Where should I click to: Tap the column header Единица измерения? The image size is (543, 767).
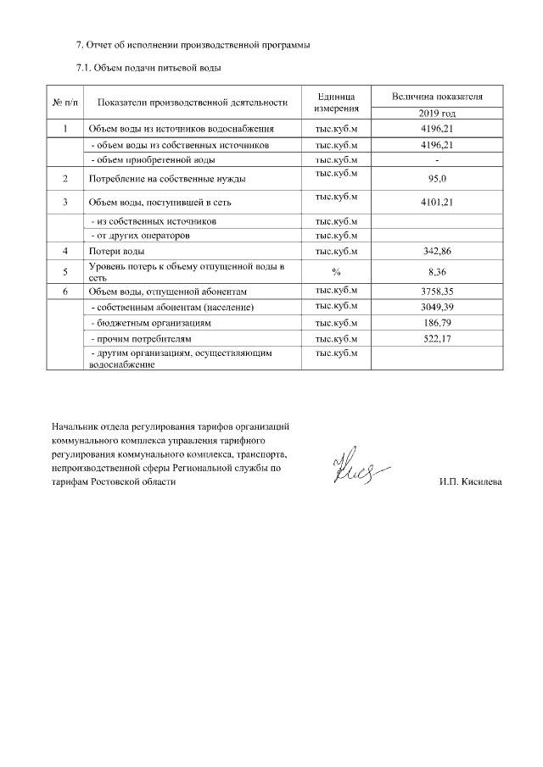pos(336,103)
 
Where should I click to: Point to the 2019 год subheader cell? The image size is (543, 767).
pos(437,113)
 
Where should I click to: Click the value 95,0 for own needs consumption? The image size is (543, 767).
pos(437,179)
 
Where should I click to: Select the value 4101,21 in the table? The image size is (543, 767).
pos(437,203)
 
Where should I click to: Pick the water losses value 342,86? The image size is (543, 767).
pos(437,252)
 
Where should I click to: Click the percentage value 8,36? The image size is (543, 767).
pos(437,271)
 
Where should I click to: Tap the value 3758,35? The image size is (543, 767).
pos(437,292)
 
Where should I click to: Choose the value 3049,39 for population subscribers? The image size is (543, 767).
pos(437,307)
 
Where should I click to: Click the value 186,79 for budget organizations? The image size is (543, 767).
pos(437,323)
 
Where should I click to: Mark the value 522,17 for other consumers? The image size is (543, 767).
pos(437,339)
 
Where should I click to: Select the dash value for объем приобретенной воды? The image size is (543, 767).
pos(437,159)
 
